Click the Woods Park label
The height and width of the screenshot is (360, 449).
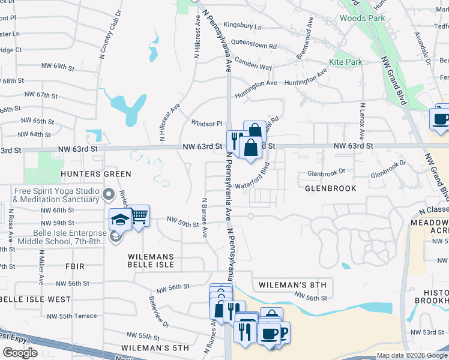click(362, 18)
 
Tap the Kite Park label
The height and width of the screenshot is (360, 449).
click(345, 62)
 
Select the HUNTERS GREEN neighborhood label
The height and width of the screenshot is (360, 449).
click(95, 174)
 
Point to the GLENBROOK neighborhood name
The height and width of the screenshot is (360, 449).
click(330, 188)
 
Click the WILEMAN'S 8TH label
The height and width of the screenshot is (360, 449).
click(292, 284)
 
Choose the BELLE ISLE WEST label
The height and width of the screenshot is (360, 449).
click(34, 299)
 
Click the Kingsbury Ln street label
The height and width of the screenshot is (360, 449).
click(243, 27)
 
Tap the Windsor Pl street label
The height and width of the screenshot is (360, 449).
click(206, 124)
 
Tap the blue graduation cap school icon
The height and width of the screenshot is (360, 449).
click(120, 220)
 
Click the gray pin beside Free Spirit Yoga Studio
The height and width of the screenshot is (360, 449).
click(109, 194)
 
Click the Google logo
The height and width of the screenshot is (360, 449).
click(20, 353)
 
